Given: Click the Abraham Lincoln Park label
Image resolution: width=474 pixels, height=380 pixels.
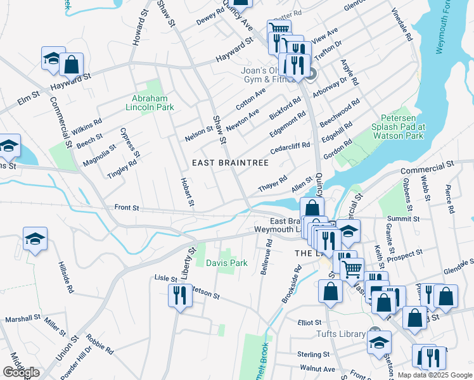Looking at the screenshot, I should (x=153, y=103).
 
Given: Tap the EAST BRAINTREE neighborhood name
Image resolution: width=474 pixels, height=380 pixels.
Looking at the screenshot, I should (x=231, y=163).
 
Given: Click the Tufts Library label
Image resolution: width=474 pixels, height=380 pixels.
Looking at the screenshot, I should (x=341, y=334).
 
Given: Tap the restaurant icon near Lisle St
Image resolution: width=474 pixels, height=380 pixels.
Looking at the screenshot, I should (x=180, y=296).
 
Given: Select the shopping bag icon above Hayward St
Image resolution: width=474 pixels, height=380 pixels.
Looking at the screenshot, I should (x=72, y=64).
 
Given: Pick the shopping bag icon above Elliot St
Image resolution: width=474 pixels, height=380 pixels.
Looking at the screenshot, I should (x=331, y=292).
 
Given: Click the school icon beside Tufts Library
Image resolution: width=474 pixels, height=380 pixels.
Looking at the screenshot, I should (x=379, y=342).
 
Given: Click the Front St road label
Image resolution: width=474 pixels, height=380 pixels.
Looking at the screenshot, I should (x=126, y=207).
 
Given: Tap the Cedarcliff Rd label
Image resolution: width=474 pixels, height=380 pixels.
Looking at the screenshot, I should (x=290, y=148).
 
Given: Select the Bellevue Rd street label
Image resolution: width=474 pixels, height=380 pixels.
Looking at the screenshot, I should (x=266, y=256).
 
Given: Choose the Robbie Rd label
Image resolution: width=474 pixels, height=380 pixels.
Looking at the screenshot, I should (x=101, y=345).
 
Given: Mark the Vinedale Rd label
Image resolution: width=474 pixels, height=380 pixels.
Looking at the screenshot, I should (x=402, y=25).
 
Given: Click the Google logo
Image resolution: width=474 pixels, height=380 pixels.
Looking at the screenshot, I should (x=22, y=372).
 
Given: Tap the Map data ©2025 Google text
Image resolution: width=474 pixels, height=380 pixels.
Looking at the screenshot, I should (x=435, y=375).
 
